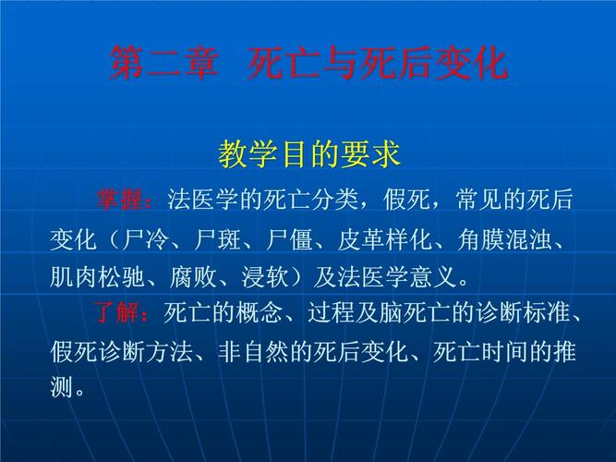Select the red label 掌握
124,199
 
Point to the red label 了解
124,313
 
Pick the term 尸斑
219,238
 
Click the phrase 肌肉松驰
97,276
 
